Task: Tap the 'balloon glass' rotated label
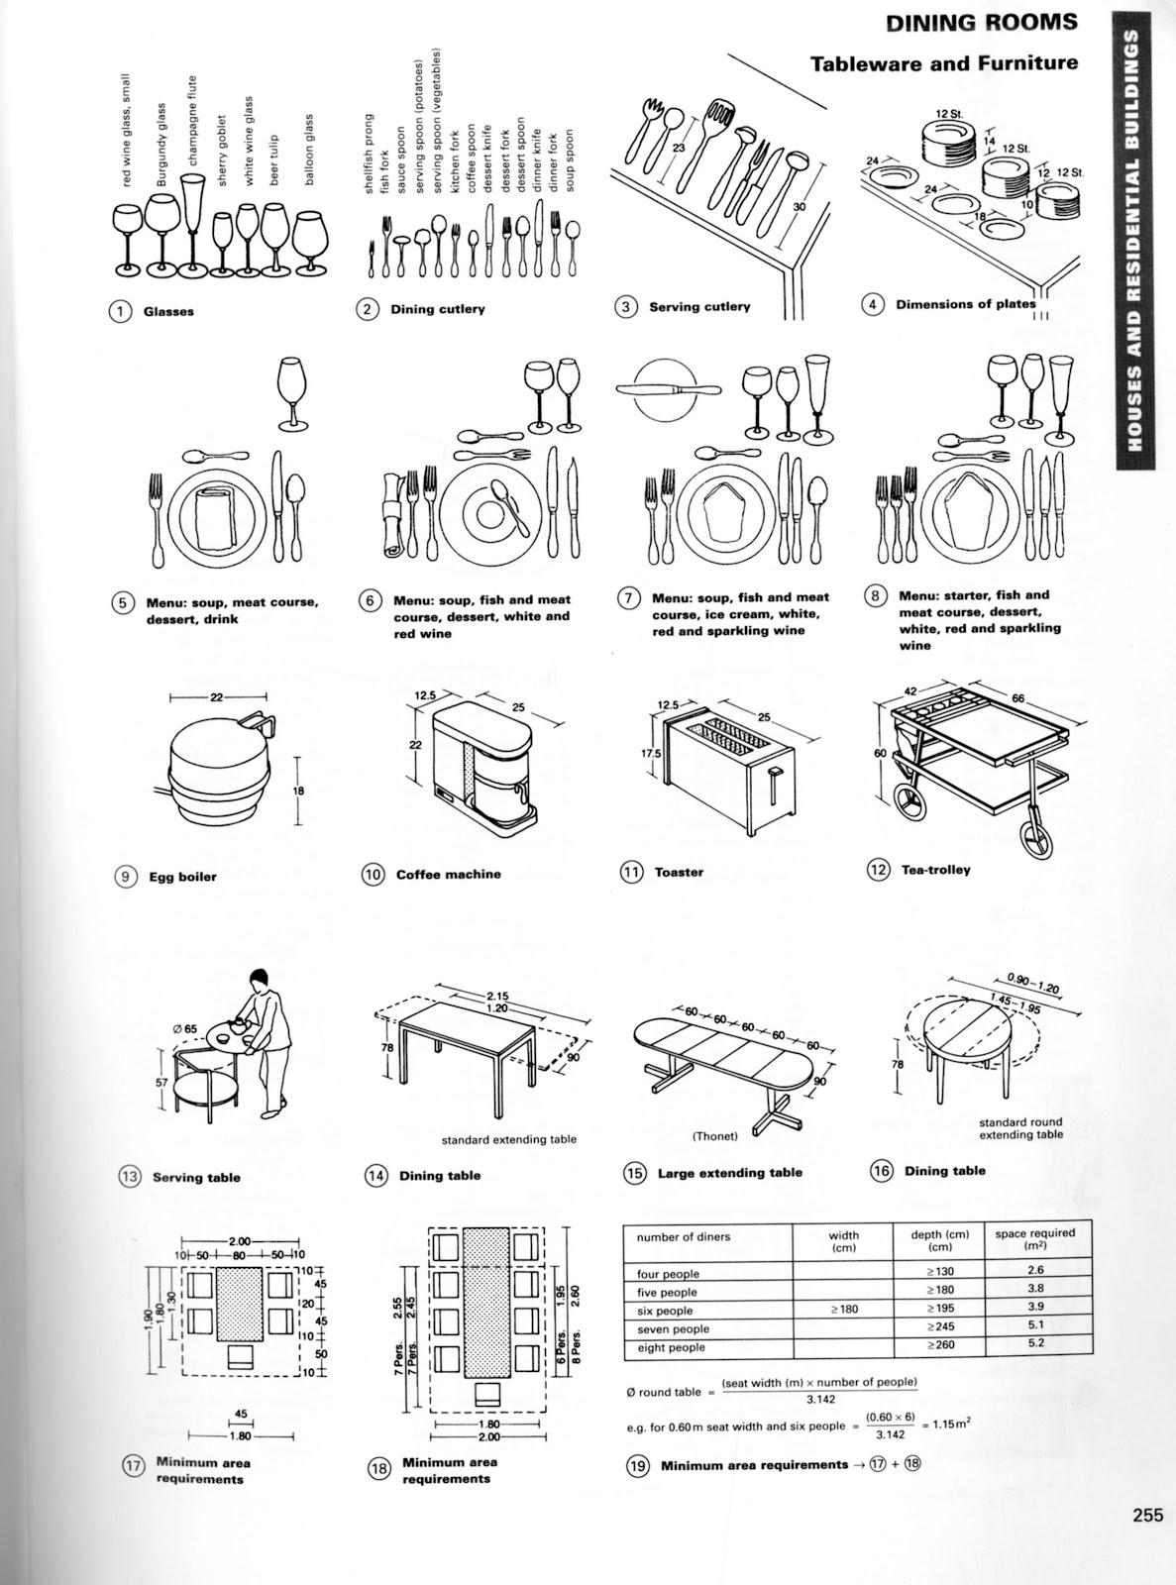(310, 150)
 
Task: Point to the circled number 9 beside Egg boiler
(127, 876)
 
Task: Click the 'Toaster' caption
(679, 872)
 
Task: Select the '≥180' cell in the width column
(844, 1310)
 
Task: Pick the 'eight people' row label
(671, 1347)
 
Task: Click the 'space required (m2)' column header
(1034, 1239)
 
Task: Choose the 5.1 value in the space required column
(1034, 1325)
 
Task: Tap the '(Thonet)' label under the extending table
(715, 1136)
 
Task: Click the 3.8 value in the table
(1034, 1289)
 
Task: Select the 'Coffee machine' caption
(448, 874)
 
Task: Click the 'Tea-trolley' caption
(935, 870)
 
